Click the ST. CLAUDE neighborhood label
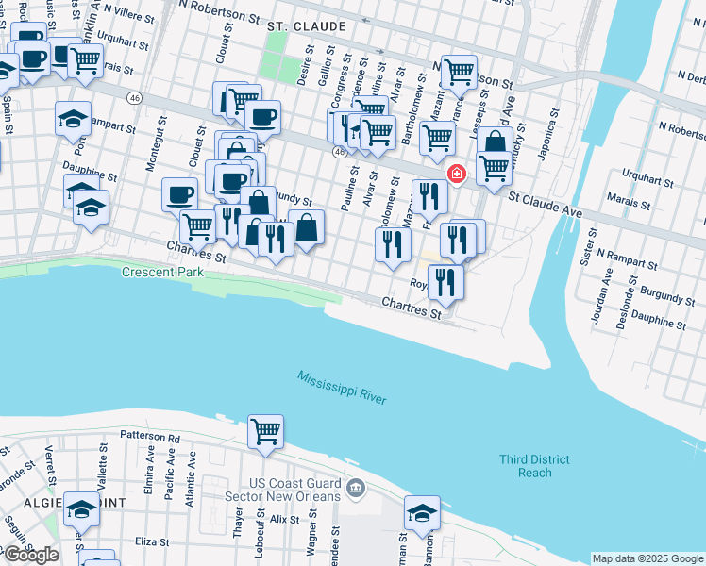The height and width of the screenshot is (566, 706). coord(306,25)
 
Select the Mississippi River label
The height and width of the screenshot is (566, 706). coord(342,388)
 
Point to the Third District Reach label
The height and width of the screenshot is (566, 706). coord(534,466)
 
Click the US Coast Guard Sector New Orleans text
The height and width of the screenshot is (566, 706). coord(282,490)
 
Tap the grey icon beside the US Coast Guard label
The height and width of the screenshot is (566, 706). coord(355,489)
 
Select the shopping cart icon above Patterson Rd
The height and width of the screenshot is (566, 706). coord(265,431)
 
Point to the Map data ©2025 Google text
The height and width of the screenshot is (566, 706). coord(647,558)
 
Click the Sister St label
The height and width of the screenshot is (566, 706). coord(590,247)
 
